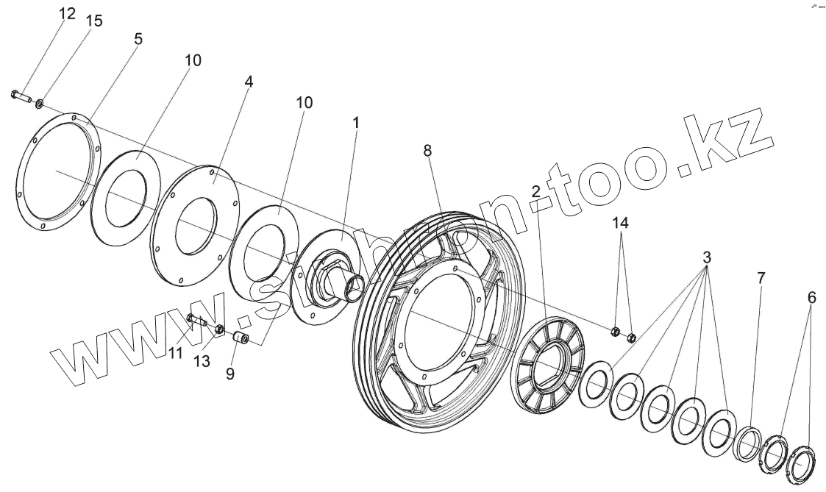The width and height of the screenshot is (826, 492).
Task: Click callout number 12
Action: [67, 13]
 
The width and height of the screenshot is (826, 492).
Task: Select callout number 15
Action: [93, 21]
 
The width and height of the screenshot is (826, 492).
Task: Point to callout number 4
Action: [249, 82]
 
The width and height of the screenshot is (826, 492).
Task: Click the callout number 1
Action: [355, 123]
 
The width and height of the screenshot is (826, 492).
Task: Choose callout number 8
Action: [427, 150]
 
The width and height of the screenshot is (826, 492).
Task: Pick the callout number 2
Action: [536, 191]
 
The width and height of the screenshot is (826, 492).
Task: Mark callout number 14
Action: [622, 222]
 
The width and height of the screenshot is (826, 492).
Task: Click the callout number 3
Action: [707, 258]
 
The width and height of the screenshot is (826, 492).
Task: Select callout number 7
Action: [761, 277]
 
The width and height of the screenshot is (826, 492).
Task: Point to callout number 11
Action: [174, 353]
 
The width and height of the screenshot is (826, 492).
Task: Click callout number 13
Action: [201, 360]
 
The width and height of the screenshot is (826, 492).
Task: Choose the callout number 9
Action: [230, 373]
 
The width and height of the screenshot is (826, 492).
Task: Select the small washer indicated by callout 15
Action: [40, 101]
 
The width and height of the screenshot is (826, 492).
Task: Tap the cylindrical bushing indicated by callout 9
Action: [241, 338]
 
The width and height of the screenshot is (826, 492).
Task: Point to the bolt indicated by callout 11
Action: [196, 319]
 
